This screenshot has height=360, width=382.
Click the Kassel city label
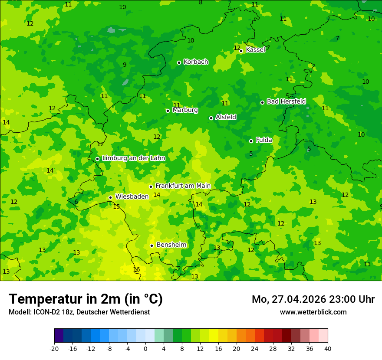255,50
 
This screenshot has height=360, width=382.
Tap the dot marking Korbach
179,62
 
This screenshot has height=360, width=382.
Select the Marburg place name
185,110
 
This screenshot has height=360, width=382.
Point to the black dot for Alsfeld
211,118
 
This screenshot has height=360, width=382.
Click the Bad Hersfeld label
286,101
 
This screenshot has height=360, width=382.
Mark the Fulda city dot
251,141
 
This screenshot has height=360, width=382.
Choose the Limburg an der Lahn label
133,158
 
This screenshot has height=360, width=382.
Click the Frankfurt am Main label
183,186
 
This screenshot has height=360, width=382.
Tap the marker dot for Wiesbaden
110,198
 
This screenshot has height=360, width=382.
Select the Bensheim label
171,245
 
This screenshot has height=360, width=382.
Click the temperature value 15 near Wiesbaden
116,207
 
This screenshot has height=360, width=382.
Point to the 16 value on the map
136,270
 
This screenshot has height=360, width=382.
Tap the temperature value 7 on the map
337,39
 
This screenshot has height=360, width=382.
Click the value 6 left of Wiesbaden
76,202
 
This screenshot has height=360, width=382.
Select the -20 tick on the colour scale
54,348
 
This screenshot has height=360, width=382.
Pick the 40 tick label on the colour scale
328,348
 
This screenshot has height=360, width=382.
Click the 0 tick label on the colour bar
145,348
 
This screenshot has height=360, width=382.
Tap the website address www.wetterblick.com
313,312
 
